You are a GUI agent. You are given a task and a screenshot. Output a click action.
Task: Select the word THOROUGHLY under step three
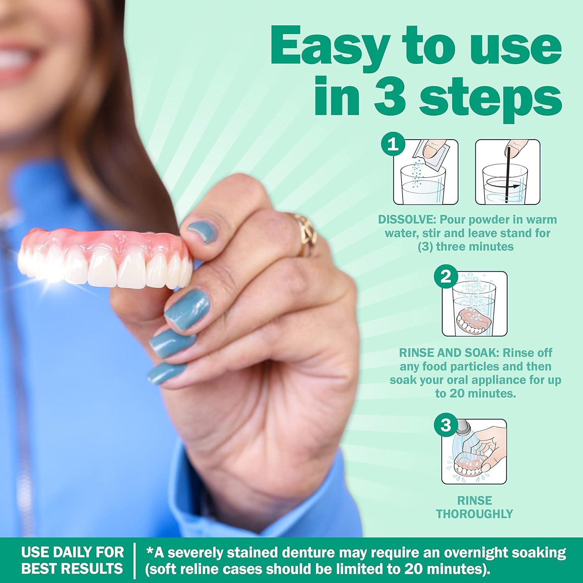point(475,514)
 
